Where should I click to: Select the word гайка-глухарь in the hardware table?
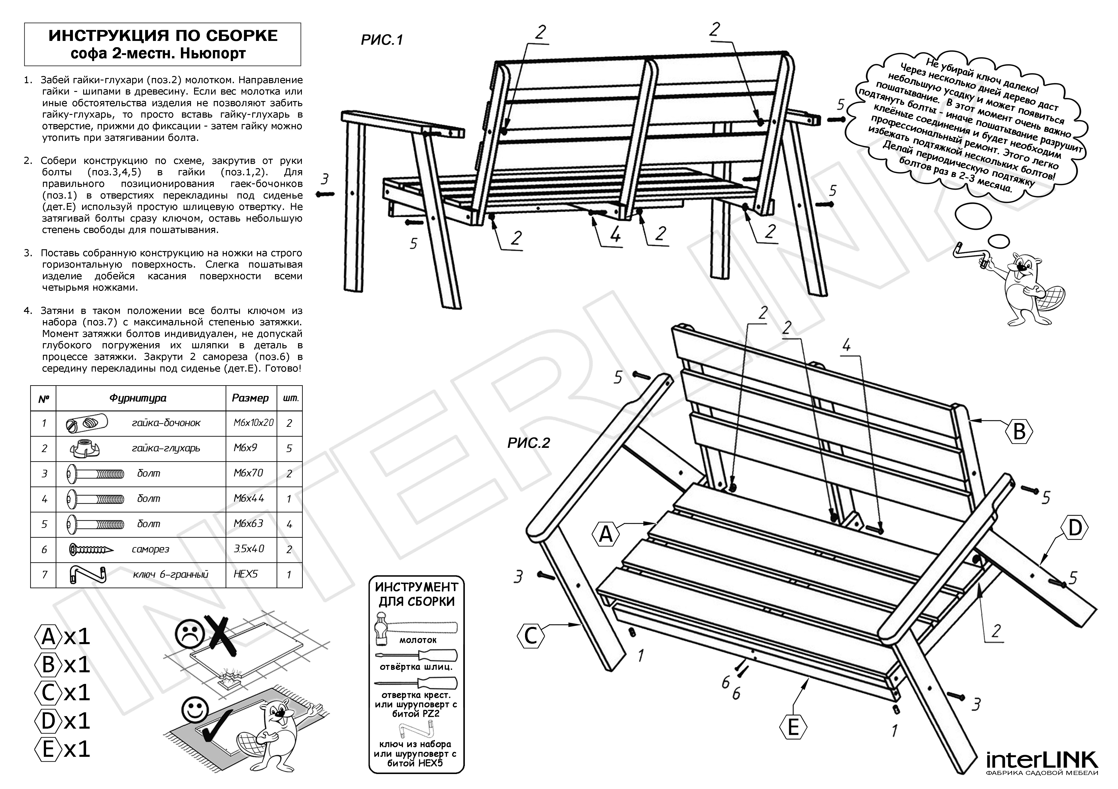pyautogui.click(x=165, y=448)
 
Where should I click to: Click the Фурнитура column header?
pyautogui.click(x=138, y=398)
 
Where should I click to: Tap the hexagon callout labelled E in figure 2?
pyautogui.click(x=793, y=728)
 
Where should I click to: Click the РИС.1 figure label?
pyautogui.click(x=382, y=40)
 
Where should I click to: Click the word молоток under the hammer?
pyautogui.click(x=417, y=640)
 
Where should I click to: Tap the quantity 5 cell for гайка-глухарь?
pyautogui.click(x=289, y=448)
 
